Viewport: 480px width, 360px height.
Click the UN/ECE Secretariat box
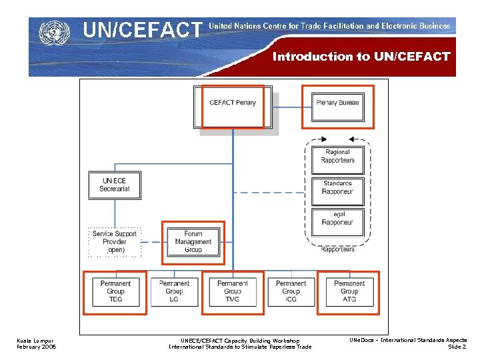[115, 185]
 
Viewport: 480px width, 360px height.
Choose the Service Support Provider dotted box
[115, 242]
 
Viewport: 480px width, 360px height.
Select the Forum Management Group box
[193, 242]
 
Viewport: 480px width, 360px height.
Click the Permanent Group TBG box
[115, 292]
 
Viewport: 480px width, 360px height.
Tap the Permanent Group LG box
[174, 292]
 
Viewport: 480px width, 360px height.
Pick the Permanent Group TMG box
[233, 292]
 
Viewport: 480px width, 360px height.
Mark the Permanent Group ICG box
[291, 292]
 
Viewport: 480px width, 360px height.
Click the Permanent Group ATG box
[349, 292]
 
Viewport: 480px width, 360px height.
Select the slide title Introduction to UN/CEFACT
[361, 57]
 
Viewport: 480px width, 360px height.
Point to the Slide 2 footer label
[457, 347]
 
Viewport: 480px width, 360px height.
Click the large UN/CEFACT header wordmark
[141, 30]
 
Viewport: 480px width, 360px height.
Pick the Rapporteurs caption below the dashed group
[337, 249]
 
